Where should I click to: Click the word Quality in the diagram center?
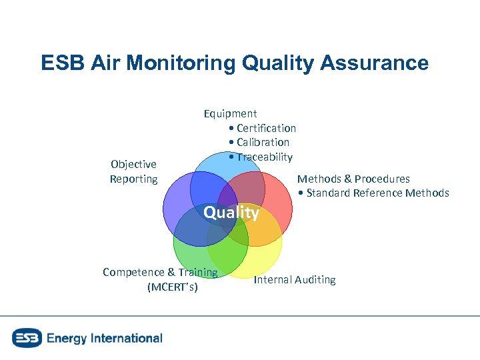[231, 213]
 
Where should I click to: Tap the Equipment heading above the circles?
[230, 113]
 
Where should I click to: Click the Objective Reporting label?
[133, 171]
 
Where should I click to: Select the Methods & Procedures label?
[353, 179]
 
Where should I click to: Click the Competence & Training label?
[160, 272]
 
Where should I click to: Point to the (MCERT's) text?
[172, 287]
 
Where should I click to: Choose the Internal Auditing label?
[295, 279]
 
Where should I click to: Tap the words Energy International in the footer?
[105, 338]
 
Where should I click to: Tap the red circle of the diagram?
[277, 200]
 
